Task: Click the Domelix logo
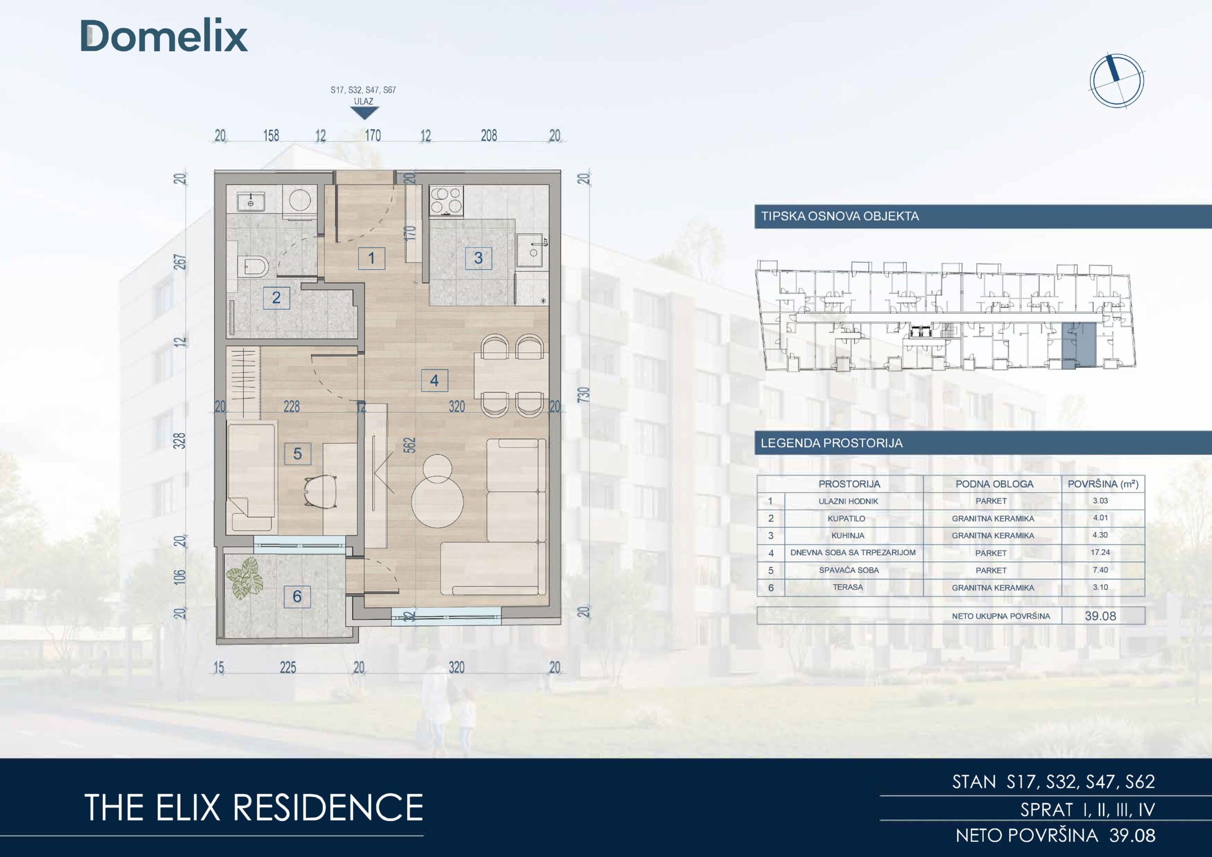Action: [x=164, y=36]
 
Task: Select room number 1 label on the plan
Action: [x=372, y=258]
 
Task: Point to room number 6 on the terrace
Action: [x=297, y=596]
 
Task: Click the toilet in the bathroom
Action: [x=253, y=267]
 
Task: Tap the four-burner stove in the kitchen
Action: [x=446, y=201]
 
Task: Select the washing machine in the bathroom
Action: [x=300, y=202]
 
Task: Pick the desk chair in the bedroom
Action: [x=321, y=491]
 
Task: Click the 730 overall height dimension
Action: [x=583, y=394]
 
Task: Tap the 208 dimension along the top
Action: [x=489, y=136]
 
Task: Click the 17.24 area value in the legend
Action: [x=1100, y=553]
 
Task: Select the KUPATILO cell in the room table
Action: [x=846, y=518]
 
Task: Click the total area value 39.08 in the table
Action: [x=1101, y=616]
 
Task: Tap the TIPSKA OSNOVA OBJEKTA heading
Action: [x=840, y=216]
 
